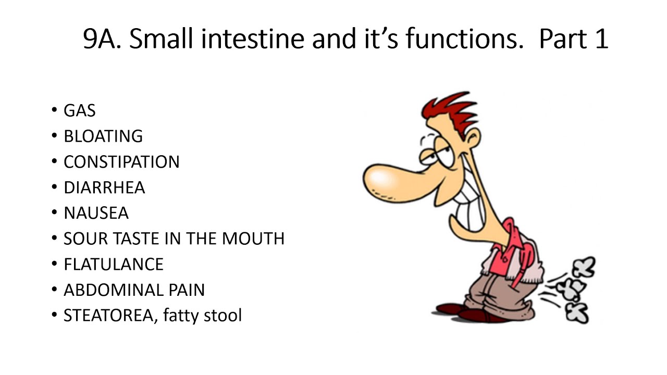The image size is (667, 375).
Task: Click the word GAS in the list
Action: coord(79,110)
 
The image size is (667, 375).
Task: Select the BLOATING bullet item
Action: coord(103,136)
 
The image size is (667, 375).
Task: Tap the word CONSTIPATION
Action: coord(121,161)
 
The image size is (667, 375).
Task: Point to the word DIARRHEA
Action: coord(104,187)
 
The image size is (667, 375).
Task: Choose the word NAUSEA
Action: coord(96,213)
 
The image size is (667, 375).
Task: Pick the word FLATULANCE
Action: coord(114,264)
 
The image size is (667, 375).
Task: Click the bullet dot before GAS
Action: coord(54,110)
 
